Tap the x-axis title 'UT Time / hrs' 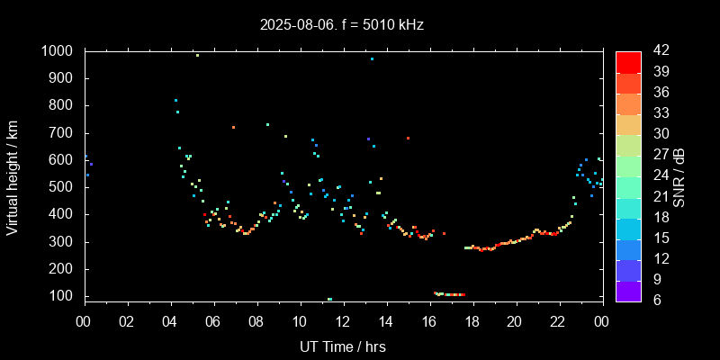[x=343, y=346]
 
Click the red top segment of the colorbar [x=628, y=61]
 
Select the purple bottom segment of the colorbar [x=628, y=290]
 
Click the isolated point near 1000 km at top [x=197, y=55]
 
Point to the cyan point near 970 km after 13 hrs [x=372, y=58]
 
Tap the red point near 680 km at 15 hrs [x=408, y=138]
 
